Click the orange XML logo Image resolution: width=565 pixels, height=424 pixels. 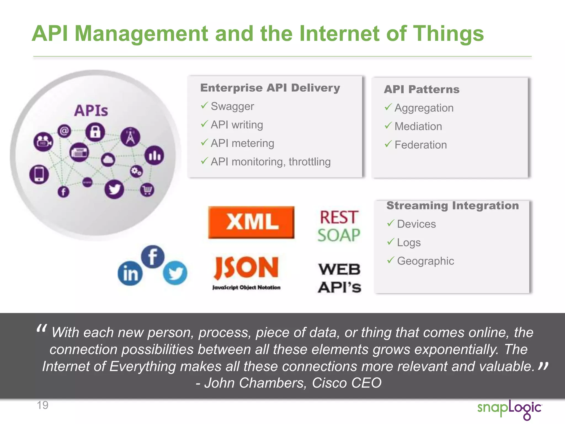[251, 222]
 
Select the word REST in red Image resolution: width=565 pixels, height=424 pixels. [339, 217]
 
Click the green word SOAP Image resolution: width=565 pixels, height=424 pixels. [339, 235]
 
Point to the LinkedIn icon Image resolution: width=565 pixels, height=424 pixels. [130, 273]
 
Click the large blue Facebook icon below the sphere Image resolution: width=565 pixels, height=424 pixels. [153, 256]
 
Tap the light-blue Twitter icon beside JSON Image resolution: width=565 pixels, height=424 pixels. [175, 273]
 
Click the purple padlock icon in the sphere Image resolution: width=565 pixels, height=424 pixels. [95, 132]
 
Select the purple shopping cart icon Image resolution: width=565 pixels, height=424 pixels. [147, 190]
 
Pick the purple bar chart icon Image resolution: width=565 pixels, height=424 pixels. [154, 155]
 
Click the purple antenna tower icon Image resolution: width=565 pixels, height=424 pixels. [130, 137]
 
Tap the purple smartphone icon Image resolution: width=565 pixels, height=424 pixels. [39, 174]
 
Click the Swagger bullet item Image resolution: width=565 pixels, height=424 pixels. [232, 106]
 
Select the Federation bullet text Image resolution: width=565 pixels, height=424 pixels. [420, 145]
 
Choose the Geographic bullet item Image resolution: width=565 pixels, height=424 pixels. [425, 261]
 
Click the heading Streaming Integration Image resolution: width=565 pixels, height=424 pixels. [452, 206]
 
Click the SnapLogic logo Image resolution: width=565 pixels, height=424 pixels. [510, 409]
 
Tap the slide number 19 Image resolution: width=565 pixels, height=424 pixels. [42, 405]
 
